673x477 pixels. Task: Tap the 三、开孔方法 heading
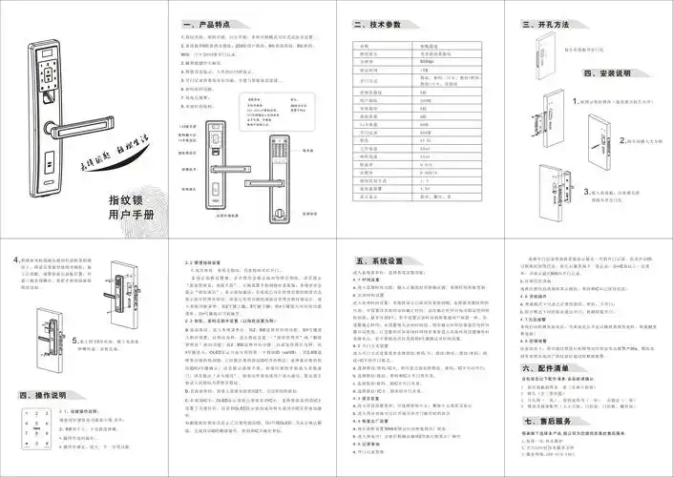coord(552,23)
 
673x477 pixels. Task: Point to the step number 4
coord(16,259)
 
